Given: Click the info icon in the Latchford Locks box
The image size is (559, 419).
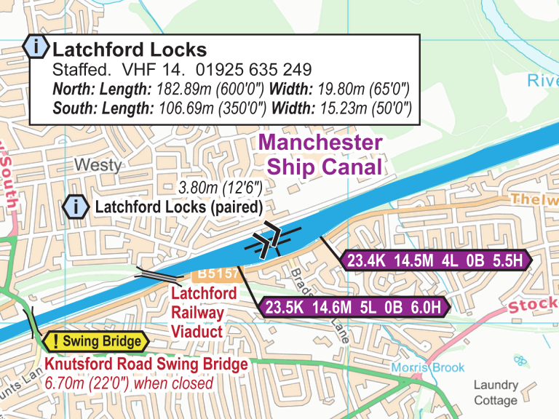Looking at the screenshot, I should tap(36, 47).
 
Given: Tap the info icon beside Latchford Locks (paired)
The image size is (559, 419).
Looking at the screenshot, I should tap(76, 207).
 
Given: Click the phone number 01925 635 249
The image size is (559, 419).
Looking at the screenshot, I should tap(254, 71).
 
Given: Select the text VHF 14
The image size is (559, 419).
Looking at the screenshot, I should tap(148, 71).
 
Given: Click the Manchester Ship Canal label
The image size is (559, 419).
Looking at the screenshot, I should tap(321, 154).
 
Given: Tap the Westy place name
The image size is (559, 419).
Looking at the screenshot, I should tap(98, 165).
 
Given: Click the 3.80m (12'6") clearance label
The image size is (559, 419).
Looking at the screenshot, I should tap(220, 188).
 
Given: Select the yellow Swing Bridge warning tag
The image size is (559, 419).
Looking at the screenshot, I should tap(95, 341).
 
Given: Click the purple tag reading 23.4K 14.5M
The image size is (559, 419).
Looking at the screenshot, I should tap(435, 261).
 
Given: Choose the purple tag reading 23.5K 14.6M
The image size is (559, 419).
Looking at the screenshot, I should tap(354, 307).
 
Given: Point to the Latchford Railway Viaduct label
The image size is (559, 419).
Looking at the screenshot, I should tap(203, 311).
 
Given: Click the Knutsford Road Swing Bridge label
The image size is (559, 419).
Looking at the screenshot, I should tap(146, 364).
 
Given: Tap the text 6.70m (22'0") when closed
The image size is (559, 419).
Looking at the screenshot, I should tap(129, 383).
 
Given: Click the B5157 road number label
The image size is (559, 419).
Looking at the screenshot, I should tap(216, 274).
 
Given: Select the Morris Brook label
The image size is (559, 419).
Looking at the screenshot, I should tap(427, 367).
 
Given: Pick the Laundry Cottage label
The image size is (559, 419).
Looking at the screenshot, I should tap(496, 392).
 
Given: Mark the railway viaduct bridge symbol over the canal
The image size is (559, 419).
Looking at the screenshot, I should tap(158, 274).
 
